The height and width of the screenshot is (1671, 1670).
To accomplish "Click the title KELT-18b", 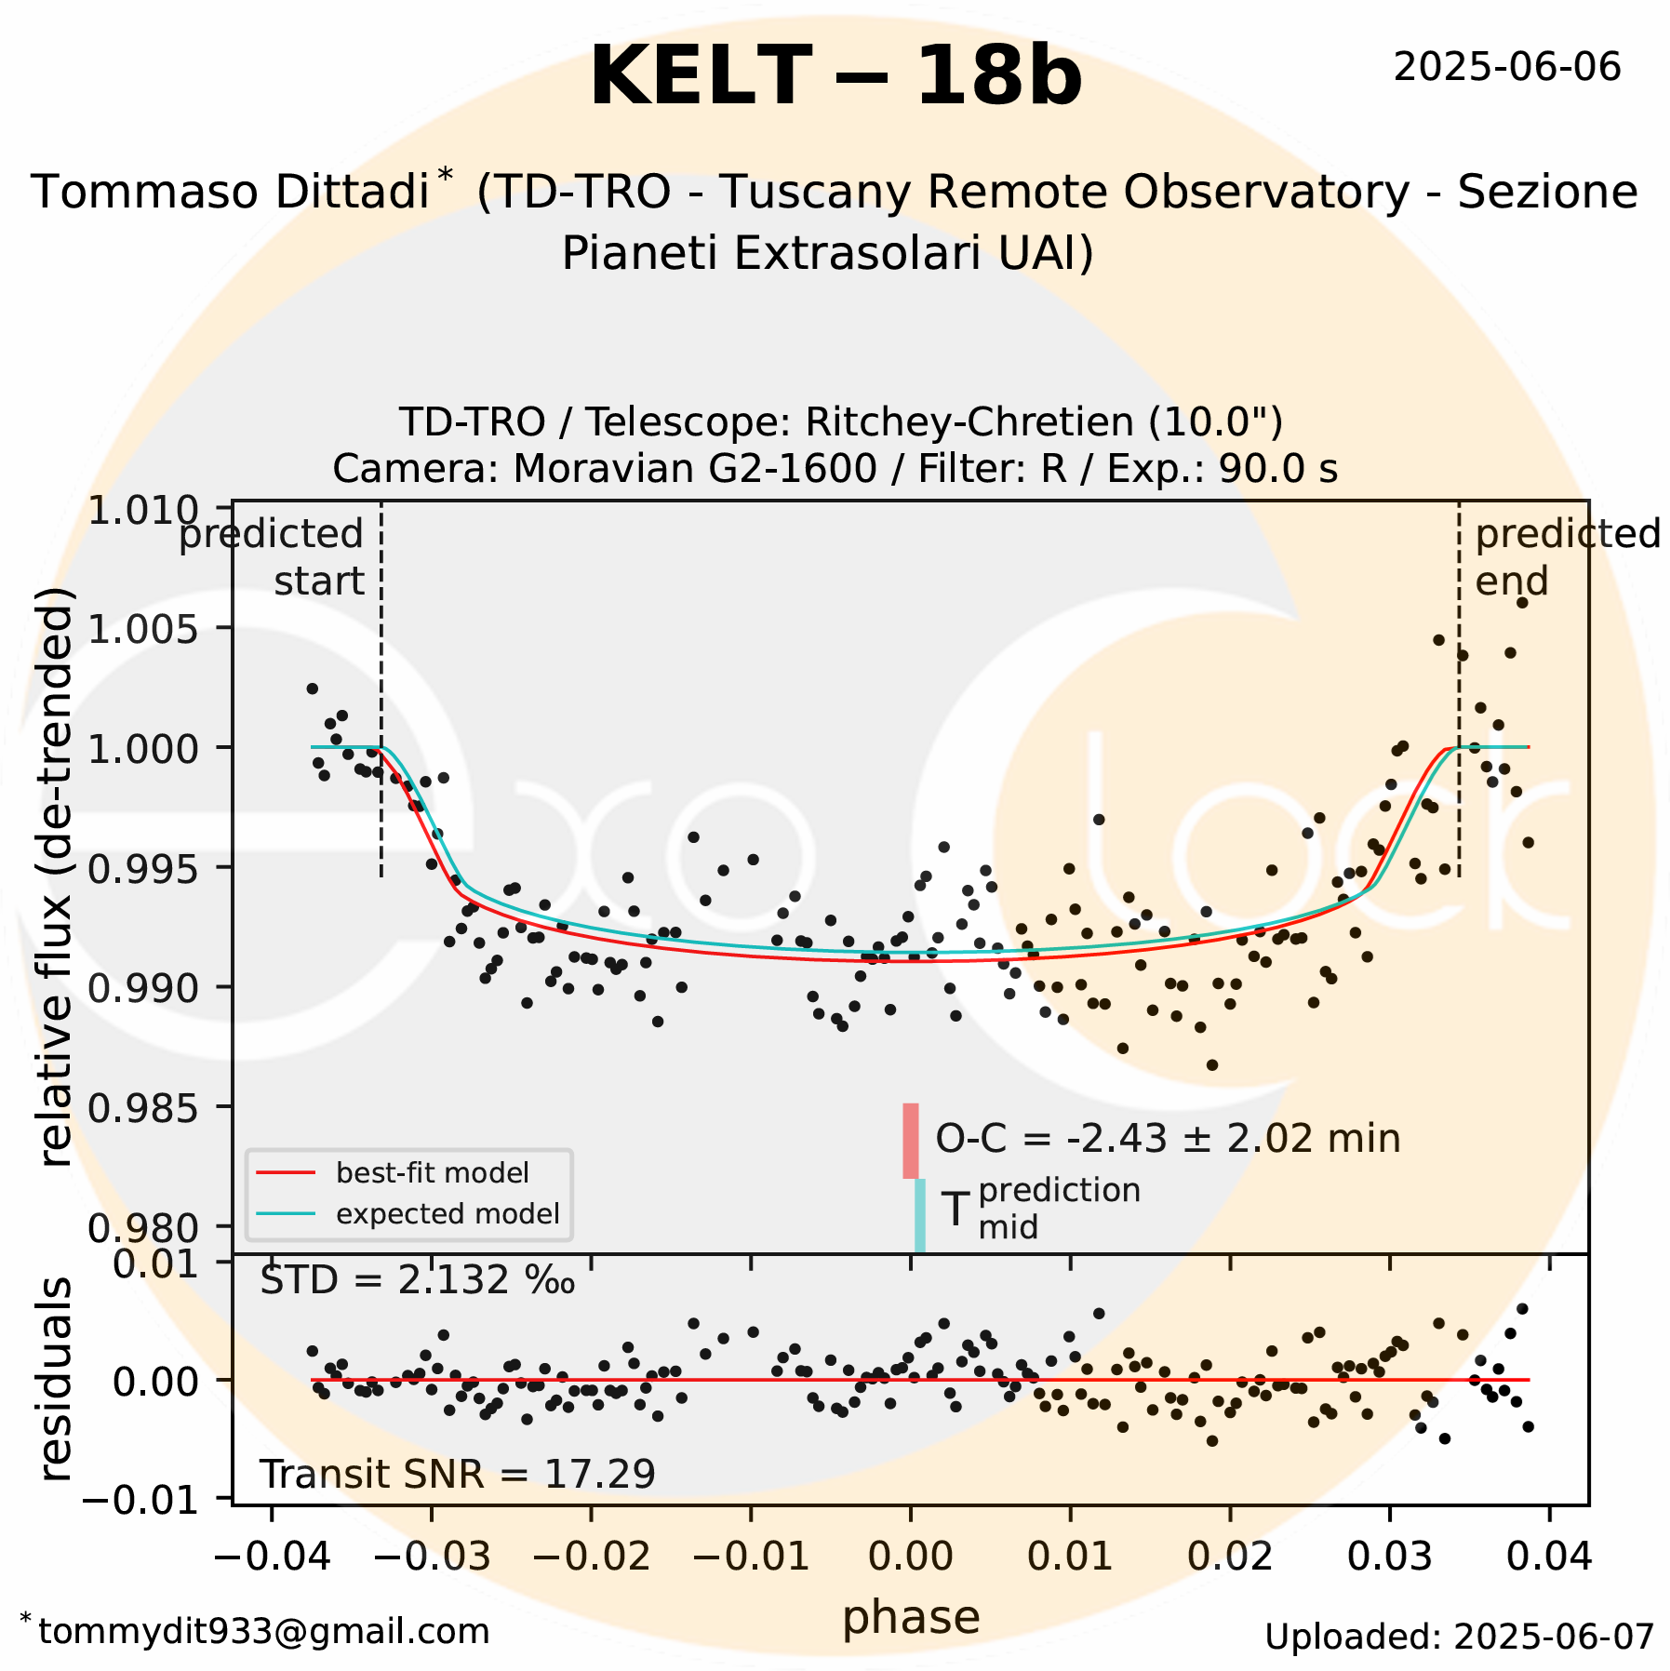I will pyautogui.click(x=835, y=77).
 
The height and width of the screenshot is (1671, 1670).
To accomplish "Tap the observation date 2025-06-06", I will pyautogui.click(x=1506, y=68).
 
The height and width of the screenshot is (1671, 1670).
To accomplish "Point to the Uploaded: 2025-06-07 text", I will pyautogui.click(x=1459, y=1637).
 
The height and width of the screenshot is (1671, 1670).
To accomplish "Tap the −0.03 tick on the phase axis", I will pyautogui.click(x=431, y=1556).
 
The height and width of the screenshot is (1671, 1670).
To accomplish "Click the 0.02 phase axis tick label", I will pyautogui.click(x=1229, y=1556).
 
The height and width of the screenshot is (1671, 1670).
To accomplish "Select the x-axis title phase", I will pyautogui.click(x=911, y=1617).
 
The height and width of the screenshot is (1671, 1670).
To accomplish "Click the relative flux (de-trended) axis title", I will pyautogui.click(x=56, y=876).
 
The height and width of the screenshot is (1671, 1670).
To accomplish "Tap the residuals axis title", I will pyautogui.click(x=56, y=1381).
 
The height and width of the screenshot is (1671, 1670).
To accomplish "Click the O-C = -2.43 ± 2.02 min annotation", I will pyautogui.click(x=1168, y=1139).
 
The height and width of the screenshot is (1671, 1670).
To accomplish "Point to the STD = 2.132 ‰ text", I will pyautogui.click(x=417, y=1281).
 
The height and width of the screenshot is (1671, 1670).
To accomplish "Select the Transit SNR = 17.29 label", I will pyautogui.click(x=457, y=1474).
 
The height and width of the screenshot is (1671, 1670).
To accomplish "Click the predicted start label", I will pyautogui.click(x=279, y=557).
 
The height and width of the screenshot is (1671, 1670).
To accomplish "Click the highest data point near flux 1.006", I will pyautogui.click(x=1522, y=603).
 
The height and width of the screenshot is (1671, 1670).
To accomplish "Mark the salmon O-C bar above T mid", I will pyautogui.click(x=911, y=1141).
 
